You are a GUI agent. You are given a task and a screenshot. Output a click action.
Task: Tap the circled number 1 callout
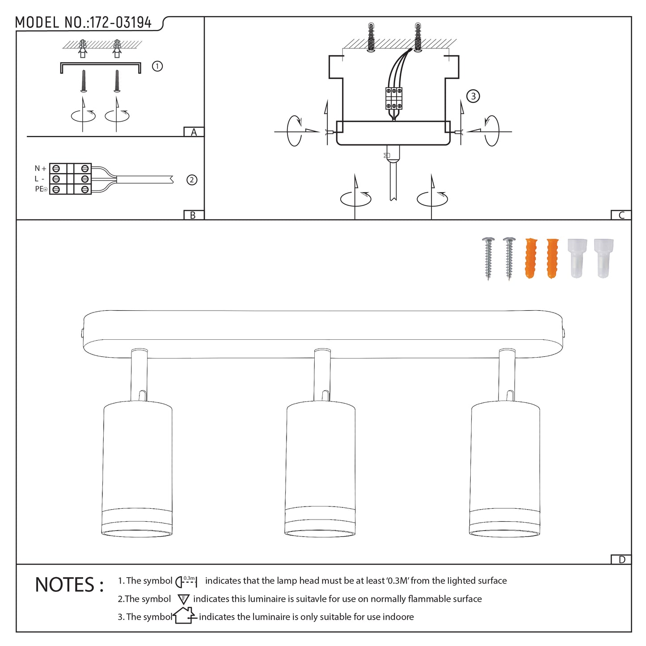[157, 66]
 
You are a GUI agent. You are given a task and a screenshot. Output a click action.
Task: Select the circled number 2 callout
[192, 180]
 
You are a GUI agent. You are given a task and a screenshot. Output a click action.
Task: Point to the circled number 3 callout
[473, 96]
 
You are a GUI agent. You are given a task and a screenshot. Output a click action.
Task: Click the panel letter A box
[194, 132]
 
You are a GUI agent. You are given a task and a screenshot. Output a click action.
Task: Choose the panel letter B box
[194, 215]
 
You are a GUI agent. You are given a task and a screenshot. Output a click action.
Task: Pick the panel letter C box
[621, 215]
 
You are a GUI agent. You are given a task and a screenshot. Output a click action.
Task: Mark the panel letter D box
[621, 560]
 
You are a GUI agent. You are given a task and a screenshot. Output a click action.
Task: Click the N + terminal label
[40, 168]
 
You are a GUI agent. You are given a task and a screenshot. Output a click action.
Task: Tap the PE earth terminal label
[41, 189]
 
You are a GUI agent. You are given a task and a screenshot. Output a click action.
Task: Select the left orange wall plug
[531, 258]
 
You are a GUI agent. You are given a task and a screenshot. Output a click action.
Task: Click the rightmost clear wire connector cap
[604, 258]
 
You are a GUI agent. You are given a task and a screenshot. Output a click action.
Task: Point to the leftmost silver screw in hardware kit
[488, 258]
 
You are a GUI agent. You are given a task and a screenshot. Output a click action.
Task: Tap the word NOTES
[65, 585]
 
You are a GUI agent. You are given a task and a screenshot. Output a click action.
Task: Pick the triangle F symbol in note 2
[183, 599]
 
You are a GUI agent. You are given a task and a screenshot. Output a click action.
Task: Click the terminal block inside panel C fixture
[394, 98]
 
